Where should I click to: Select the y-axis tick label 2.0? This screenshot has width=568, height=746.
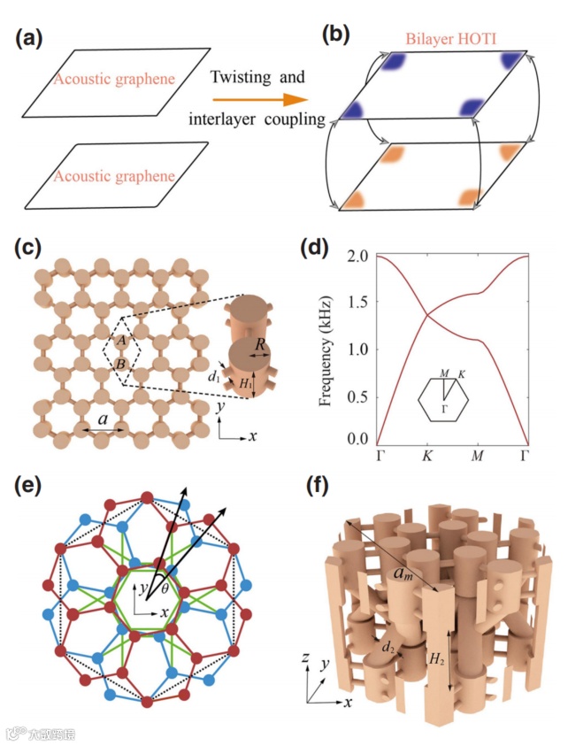[x=354, y=256]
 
